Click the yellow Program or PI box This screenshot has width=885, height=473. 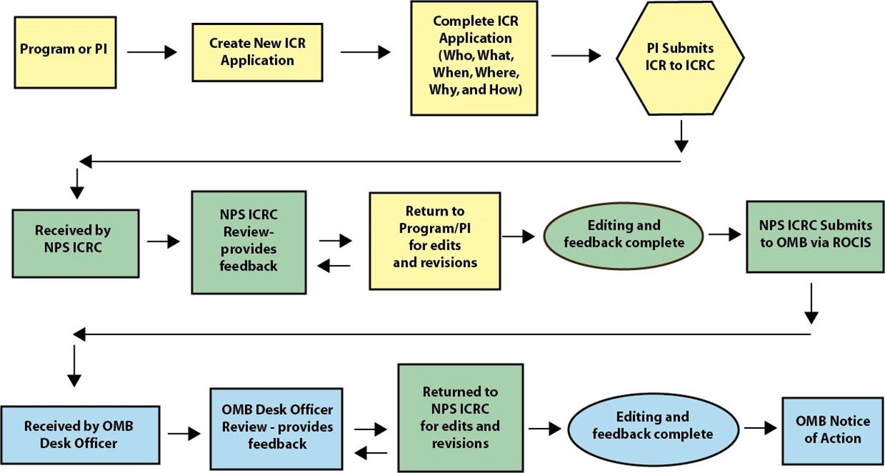click(x=63, y=51)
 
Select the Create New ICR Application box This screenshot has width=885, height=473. click(x=257, y=52)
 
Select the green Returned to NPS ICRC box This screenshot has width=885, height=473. click(x=460, y=417)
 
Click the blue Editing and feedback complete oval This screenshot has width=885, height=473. click(x=653, y=426)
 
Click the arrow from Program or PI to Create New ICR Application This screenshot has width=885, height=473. click(x=153, y=52)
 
